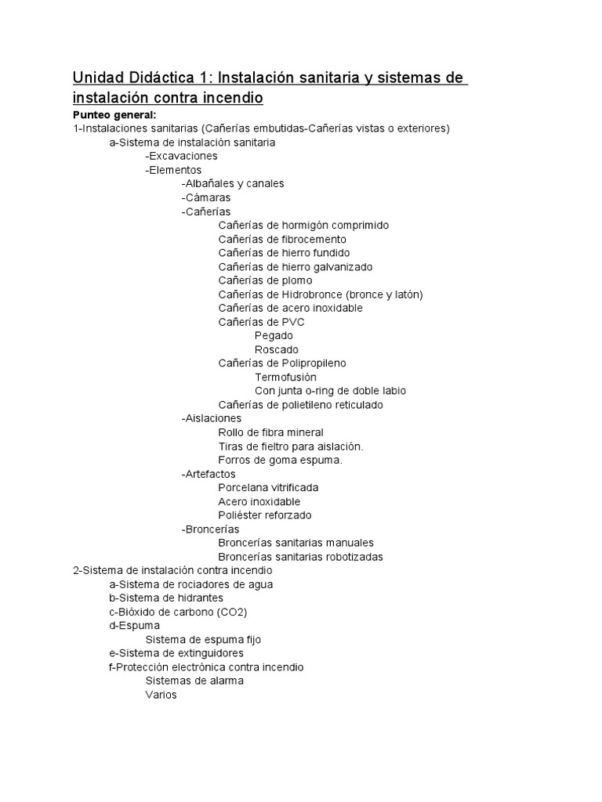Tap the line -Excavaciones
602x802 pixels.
(181, 156)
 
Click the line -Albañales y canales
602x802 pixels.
(232, 183)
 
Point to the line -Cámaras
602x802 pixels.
(205, 197)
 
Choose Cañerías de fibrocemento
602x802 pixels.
(282, 239)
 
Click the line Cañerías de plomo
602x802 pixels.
(265, 280)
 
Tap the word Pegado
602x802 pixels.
(274, 335)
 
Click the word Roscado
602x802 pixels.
(276, 349)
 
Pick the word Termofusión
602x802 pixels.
(285, 377)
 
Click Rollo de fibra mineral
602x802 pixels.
(270, 432)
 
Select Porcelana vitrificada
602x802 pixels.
(268, 487)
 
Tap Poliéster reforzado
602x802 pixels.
(264, 515)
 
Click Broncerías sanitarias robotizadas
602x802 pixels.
(300, 557)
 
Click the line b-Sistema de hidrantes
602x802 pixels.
(165, 598)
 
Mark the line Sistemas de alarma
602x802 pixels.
(194, 681)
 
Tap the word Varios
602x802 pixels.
(161, 695)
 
